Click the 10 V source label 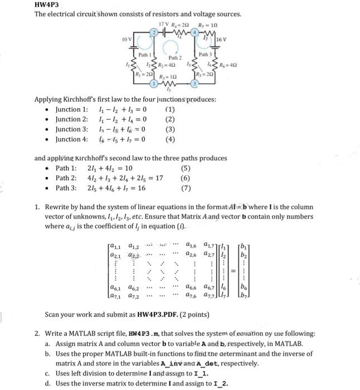(x=127, y=40)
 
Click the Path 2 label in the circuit (x=177, y=58)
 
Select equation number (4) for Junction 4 (x=170, y=139)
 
